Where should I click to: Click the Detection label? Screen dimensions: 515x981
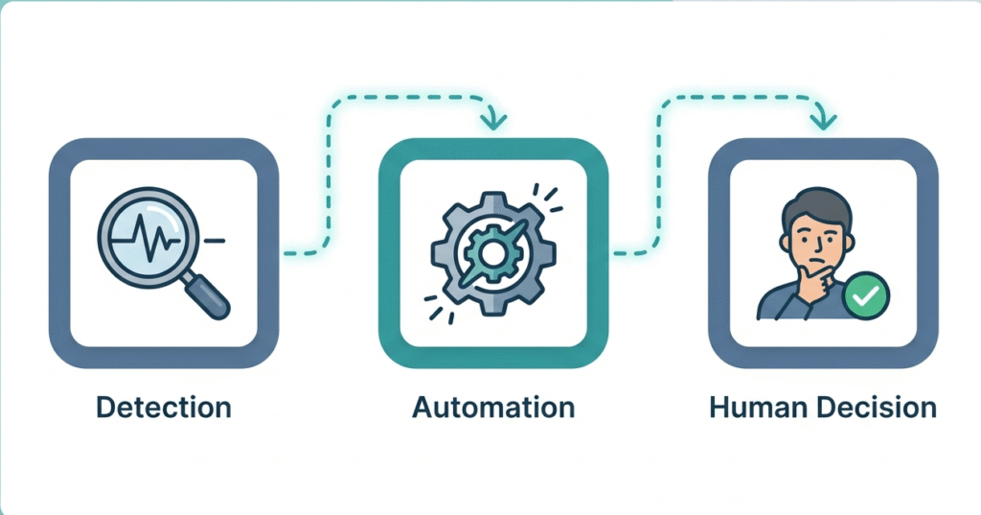coord(164,407)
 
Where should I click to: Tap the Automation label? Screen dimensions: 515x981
coord(493,407)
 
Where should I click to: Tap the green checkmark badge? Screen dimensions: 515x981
coord(868,297)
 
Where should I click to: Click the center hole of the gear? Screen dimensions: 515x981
coord(492,253)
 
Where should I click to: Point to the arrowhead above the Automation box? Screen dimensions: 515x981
coord(494,121)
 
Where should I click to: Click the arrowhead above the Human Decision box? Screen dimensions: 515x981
coord(823,121)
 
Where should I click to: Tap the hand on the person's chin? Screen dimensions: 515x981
coord(814,284)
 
